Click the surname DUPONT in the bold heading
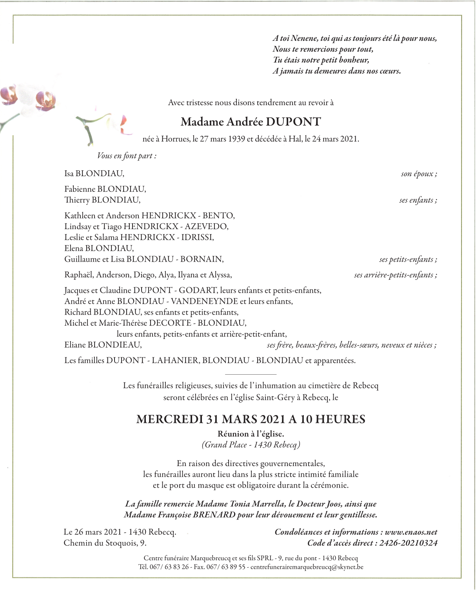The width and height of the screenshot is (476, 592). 293,122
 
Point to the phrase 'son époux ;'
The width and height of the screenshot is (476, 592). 419,174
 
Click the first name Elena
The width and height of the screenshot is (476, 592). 74,248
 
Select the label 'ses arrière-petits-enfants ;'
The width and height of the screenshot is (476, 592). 396,275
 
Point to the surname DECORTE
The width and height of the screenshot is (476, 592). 170,323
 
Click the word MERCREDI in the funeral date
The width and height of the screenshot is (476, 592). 169,419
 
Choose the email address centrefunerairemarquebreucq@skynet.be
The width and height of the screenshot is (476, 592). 307,567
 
